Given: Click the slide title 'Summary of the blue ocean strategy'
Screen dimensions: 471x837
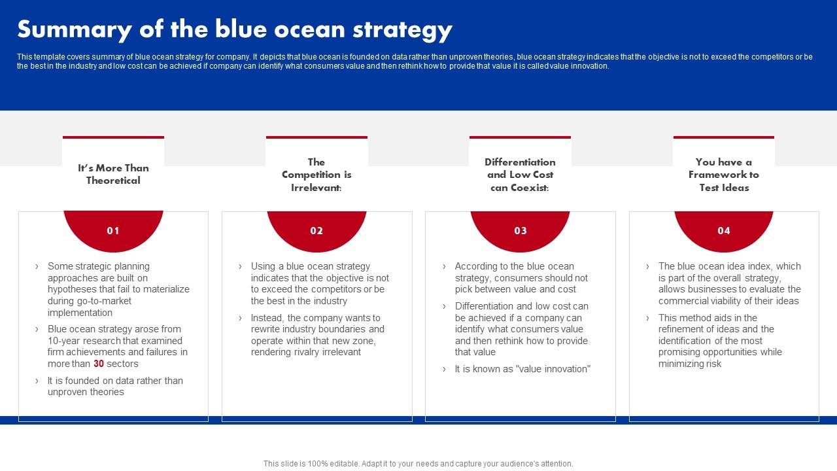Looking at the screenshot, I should click(234, 29).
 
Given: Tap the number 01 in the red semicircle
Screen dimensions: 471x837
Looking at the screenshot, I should click(113, 230).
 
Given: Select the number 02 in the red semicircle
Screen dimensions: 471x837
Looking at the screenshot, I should click(316, 230).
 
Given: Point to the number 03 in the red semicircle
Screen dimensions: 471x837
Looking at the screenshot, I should click(521, 230).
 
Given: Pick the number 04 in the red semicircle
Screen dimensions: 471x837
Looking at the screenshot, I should click(724, 230).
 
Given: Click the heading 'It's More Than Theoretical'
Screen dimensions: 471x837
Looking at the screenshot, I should click(113, 174).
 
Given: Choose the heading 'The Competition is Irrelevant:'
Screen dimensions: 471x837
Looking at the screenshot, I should click(316, 175).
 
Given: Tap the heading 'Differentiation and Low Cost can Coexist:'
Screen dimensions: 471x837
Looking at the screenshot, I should click(521, 175).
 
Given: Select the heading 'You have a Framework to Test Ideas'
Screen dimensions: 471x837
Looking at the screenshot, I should click(724, 175).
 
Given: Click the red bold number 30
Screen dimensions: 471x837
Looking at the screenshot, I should click(99, 364).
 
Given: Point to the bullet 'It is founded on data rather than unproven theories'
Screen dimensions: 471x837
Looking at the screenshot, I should click(115, 386).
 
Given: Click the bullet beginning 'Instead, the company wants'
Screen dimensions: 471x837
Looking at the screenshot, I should click(318, 335).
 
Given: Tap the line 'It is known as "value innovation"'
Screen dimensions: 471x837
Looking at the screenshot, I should click(522, 369).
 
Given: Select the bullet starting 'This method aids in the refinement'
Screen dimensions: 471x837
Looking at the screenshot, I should click(719, 341).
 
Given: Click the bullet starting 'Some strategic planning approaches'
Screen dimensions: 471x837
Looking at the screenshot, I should click(118, 289).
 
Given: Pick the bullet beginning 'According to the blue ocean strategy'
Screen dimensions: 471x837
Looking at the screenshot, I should click(521, 277).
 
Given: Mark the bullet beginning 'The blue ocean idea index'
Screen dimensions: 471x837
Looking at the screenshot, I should click(729, 283).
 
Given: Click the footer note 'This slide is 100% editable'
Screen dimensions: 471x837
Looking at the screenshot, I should click(418, 463).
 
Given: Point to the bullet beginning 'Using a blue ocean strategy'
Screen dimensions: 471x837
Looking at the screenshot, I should click(320, 283).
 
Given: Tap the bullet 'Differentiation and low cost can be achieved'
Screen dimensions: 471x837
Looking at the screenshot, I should click(521, 329).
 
